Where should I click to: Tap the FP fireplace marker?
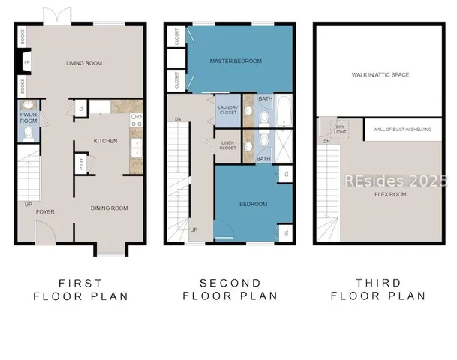coord(26,62)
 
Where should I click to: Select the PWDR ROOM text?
coord(29,118)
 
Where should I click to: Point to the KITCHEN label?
coord(105,140)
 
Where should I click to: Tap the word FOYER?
coord(45,212)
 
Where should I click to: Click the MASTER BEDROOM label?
coord(229,61)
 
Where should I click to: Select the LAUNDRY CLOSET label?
coord(227,109)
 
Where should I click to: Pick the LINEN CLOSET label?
coord(227,145)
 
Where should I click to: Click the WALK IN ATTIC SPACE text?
coord(380,75)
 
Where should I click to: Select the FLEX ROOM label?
coord(390,194)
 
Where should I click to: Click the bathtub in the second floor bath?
coord(285,110)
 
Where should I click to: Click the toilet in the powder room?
coord(28,133)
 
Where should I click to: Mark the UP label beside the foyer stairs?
coord(29,204)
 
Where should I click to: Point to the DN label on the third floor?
coord(326,141)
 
